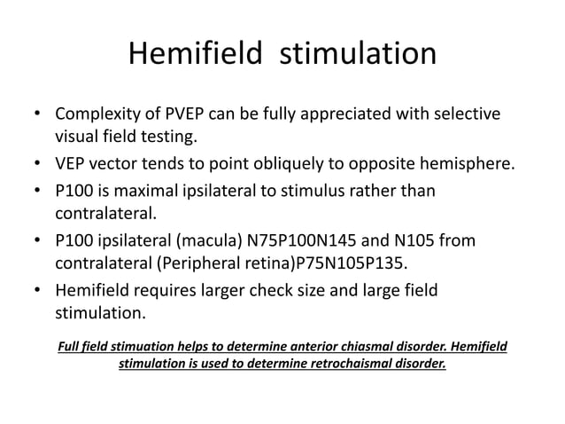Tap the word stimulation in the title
pyautogui.click(x=359, y=55)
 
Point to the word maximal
pyautogui.click(x=166, y=191)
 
